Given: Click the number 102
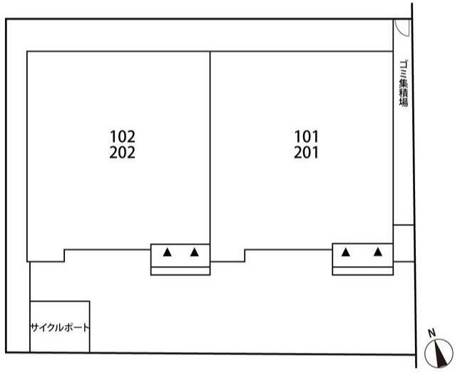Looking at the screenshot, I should [x=123, y=135].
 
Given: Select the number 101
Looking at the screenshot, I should [x=306, y=135].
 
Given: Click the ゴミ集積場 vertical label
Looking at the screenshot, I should [x=403, y=83].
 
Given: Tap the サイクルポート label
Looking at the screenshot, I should [x=60, y=328].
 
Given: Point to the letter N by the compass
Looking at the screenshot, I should [x=431, y=333].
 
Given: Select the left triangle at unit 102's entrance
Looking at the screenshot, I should [x=166, y=252].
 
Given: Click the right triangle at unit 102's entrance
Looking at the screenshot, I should [x=195, y=252].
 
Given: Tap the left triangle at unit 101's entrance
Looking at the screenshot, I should [x=346, y=252].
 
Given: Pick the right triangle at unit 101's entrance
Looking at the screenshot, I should [x=377, y=252].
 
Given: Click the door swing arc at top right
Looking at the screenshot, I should [x=402, y=27].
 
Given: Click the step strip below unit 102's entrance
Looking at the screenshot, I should [x=180, y=270].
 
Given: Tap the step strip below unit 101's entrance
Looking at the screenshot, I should [x=362, y=270].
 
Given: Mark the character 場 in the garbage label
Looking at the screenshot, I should [x=403, y=102].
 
